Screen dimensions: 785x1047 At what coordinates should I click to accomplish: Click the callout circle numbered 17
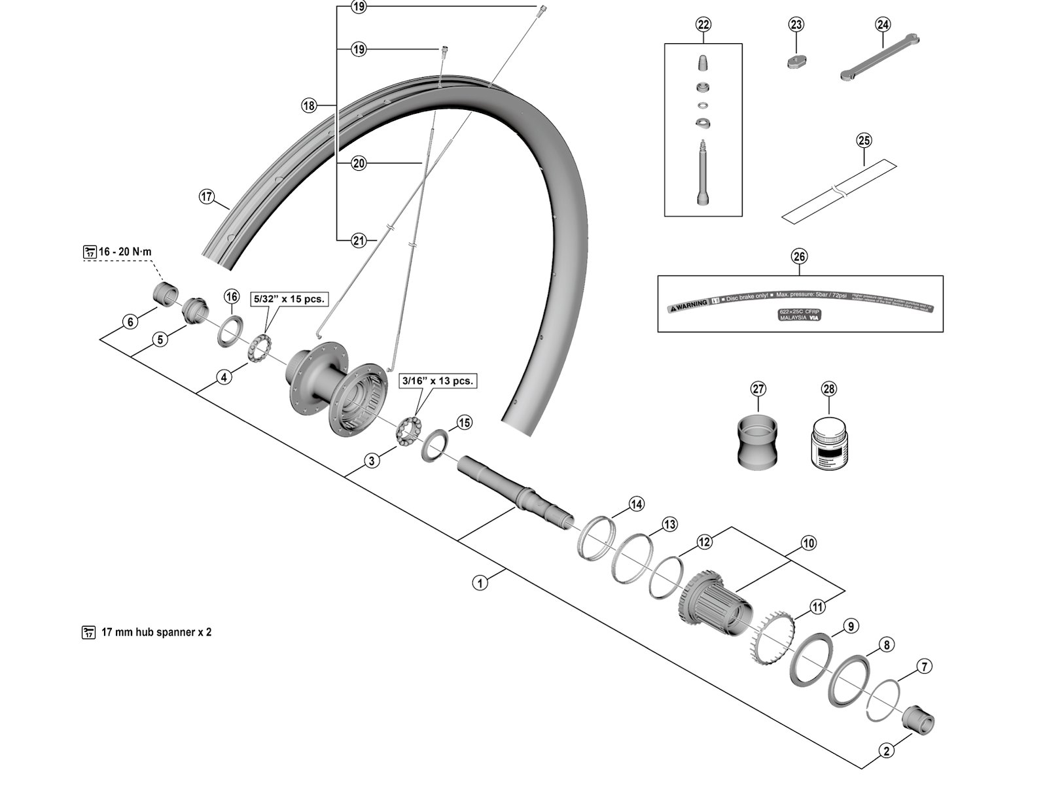pyautogui.click(x=207, y=196)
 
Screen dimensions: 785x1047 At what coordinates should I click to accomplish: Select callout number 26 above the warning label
pyautogui.click(x=800, y=256)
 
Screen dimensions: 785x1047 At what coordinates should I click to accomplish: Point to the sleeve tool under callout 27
pyautogui.click(x=758, y=442)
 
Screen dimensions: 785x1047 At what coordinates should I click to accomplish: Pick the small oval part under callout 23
pyautogui.click(x=796, y=61)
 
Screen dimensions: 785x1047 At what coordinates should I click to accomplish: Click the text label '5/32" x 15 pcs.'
pyautogui.click(x=289, y=298)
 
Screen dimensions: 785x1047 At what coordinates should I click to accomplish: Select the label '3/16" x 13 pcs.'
pyautogui.click(x=437, y=380)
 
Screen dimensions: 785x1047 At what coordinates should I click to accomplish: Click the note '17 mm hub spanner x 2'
pyautogui.click(x=156, y=633)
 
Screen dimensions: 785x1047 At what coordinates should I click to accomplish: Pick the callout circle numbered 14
pyautogui.click(x=636, y=504)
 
